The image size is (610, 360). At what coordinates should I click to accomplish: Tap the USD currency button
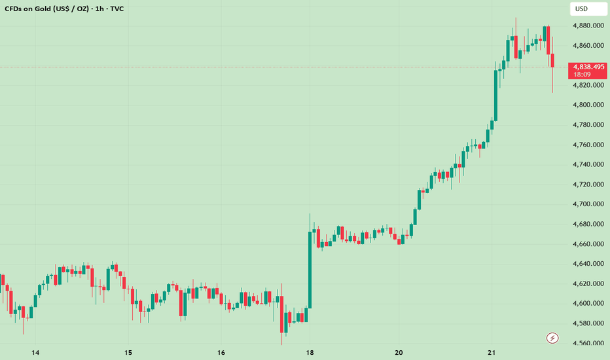(581, 9)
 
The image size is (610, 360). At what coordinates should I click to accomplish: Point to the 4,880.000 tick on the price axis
(587, 26)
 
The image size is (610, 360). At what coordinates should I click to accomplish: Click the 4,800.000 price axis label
(587, 105)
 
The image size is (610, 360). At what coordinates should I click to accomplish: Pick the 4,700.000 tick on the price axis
(587, 204)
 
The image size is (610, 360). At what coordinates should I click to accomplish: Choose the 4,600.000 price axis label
(587, 303)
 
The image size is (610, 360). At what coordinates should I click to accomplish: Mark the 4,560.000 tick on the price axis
(587, 343)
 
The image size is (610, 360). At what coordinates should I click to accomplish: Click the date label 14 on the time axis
(35, 353)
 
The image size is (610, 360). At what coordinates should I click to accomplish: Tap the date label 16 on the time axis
(221, 353)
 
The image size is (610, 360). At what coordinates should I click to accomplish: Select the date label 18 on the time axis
(310, 353)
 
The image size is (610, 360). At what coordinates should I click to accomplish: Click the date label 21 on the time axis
(492, 353)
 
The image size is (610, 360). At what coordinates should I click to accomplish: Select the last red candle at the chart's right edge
(553, 61)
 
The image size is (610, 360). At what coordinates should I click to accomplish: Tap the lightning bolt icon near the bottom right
(552, 338)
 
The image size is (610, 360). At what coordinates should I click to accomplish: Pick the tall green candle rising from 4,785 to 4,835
(495, 94)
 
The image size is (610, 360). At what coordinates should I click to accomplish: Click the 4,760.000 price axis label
(587, 145)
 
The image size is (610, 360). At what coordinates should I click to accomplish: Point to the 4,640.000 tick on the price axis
(587, 264)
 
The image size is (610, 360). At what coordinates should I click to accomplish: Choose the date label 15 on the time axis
(128, 353)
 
